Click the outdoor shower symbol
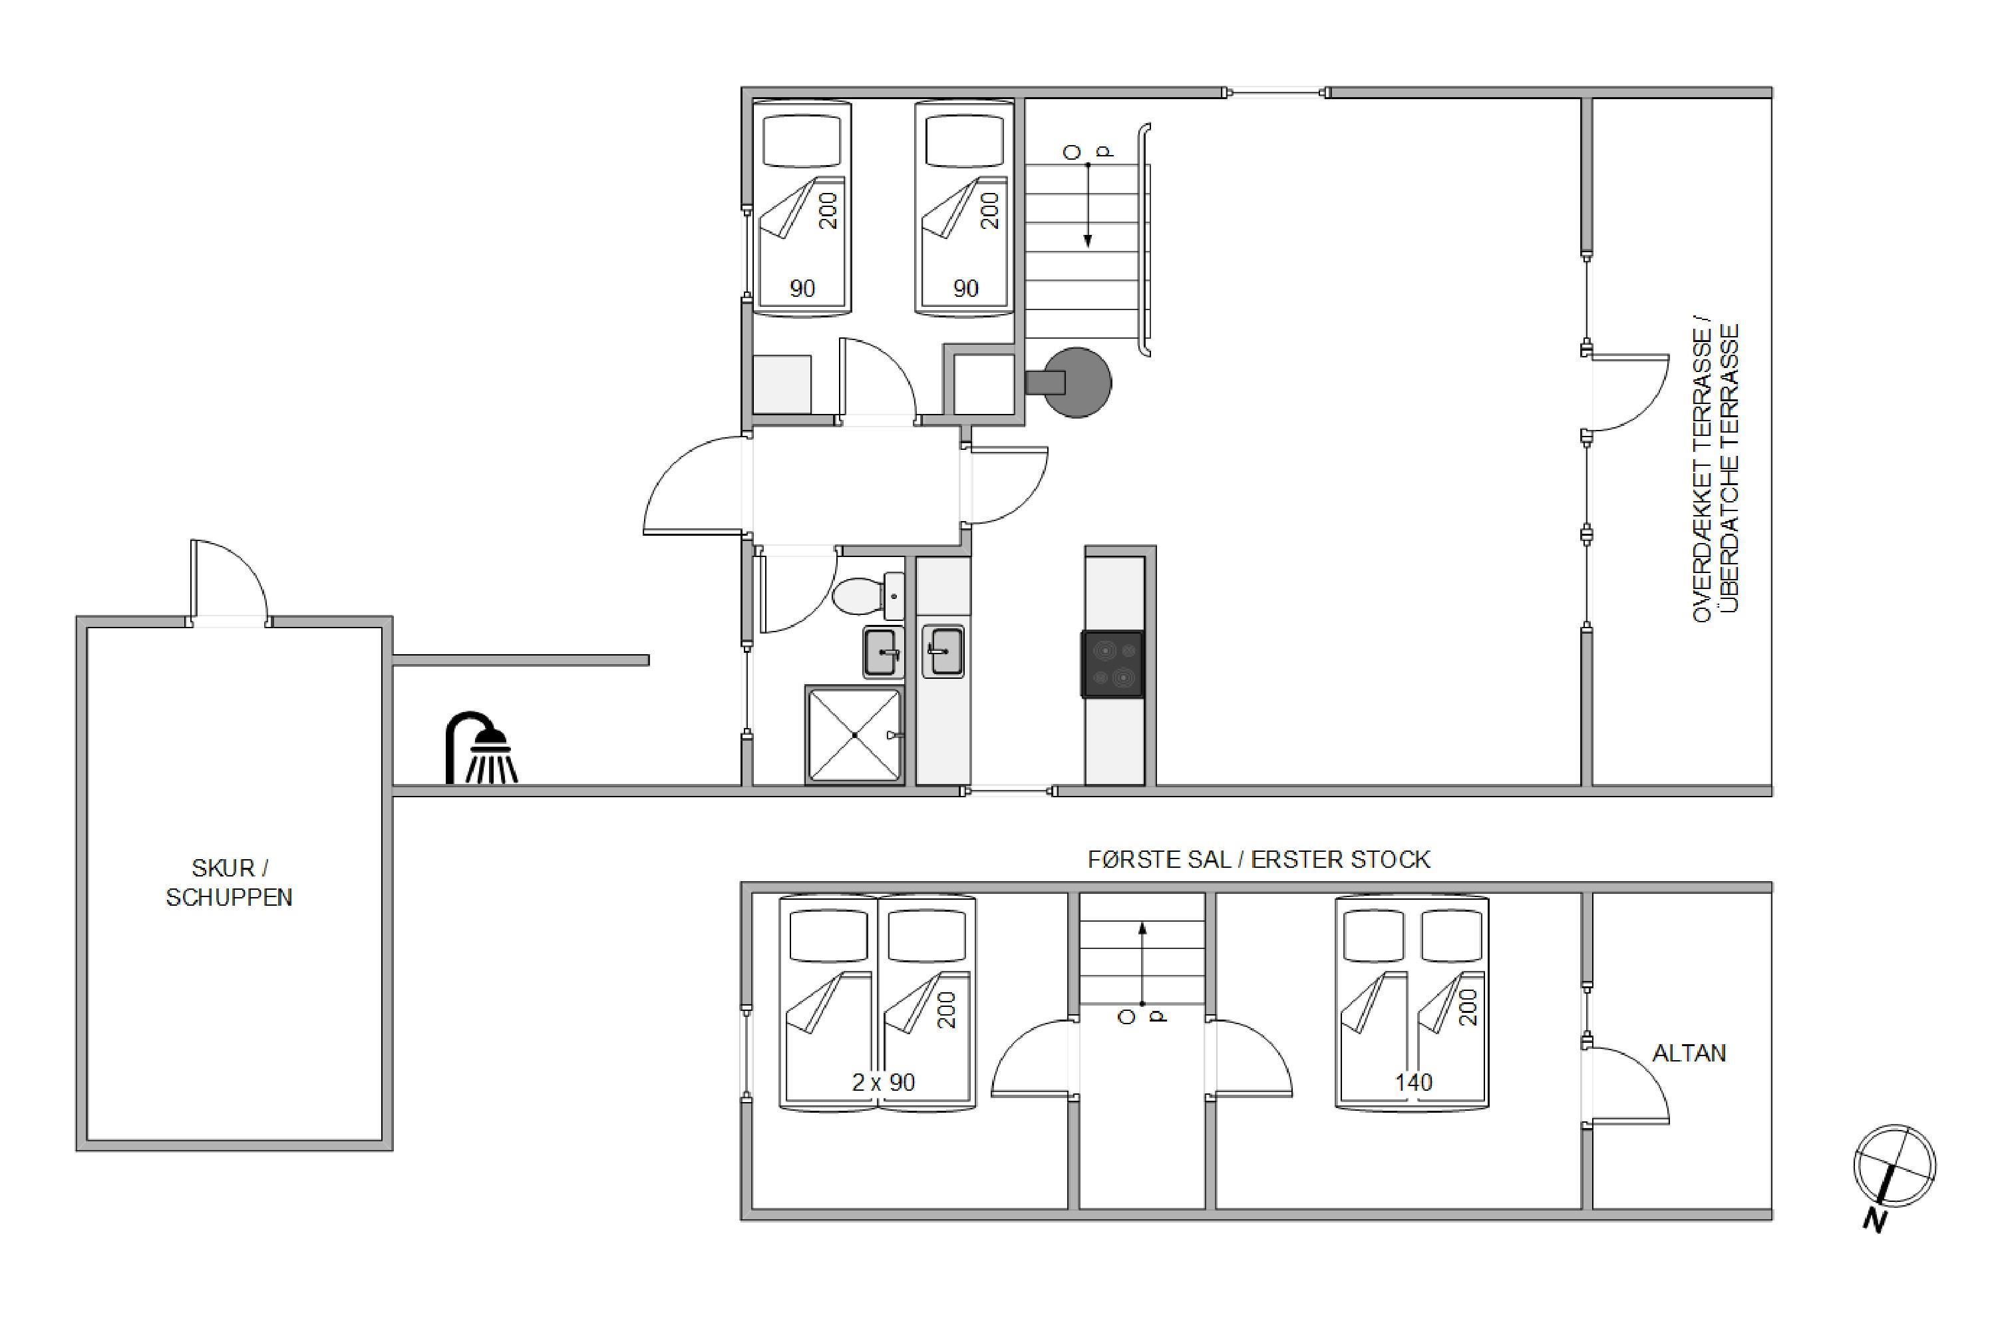480,747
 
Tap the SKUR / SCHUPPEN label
229,883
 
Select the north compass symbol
1894,1177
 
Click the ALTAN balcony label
1689,1053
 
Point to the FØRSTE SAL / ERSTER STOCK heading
1259,859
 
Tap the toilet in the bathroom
868,596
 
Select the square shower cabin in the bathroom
854,734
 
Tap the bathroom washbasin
884,653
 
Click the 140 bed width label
1413,1082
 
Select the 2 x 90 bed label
884,1082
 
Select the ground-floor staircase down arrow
1088,206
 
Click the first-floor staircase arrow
1142,964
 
